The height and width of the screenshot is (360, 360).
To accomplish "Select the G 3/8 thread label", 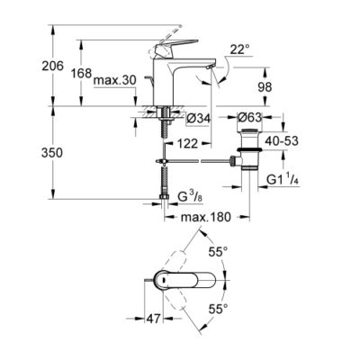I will point(193,195).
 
